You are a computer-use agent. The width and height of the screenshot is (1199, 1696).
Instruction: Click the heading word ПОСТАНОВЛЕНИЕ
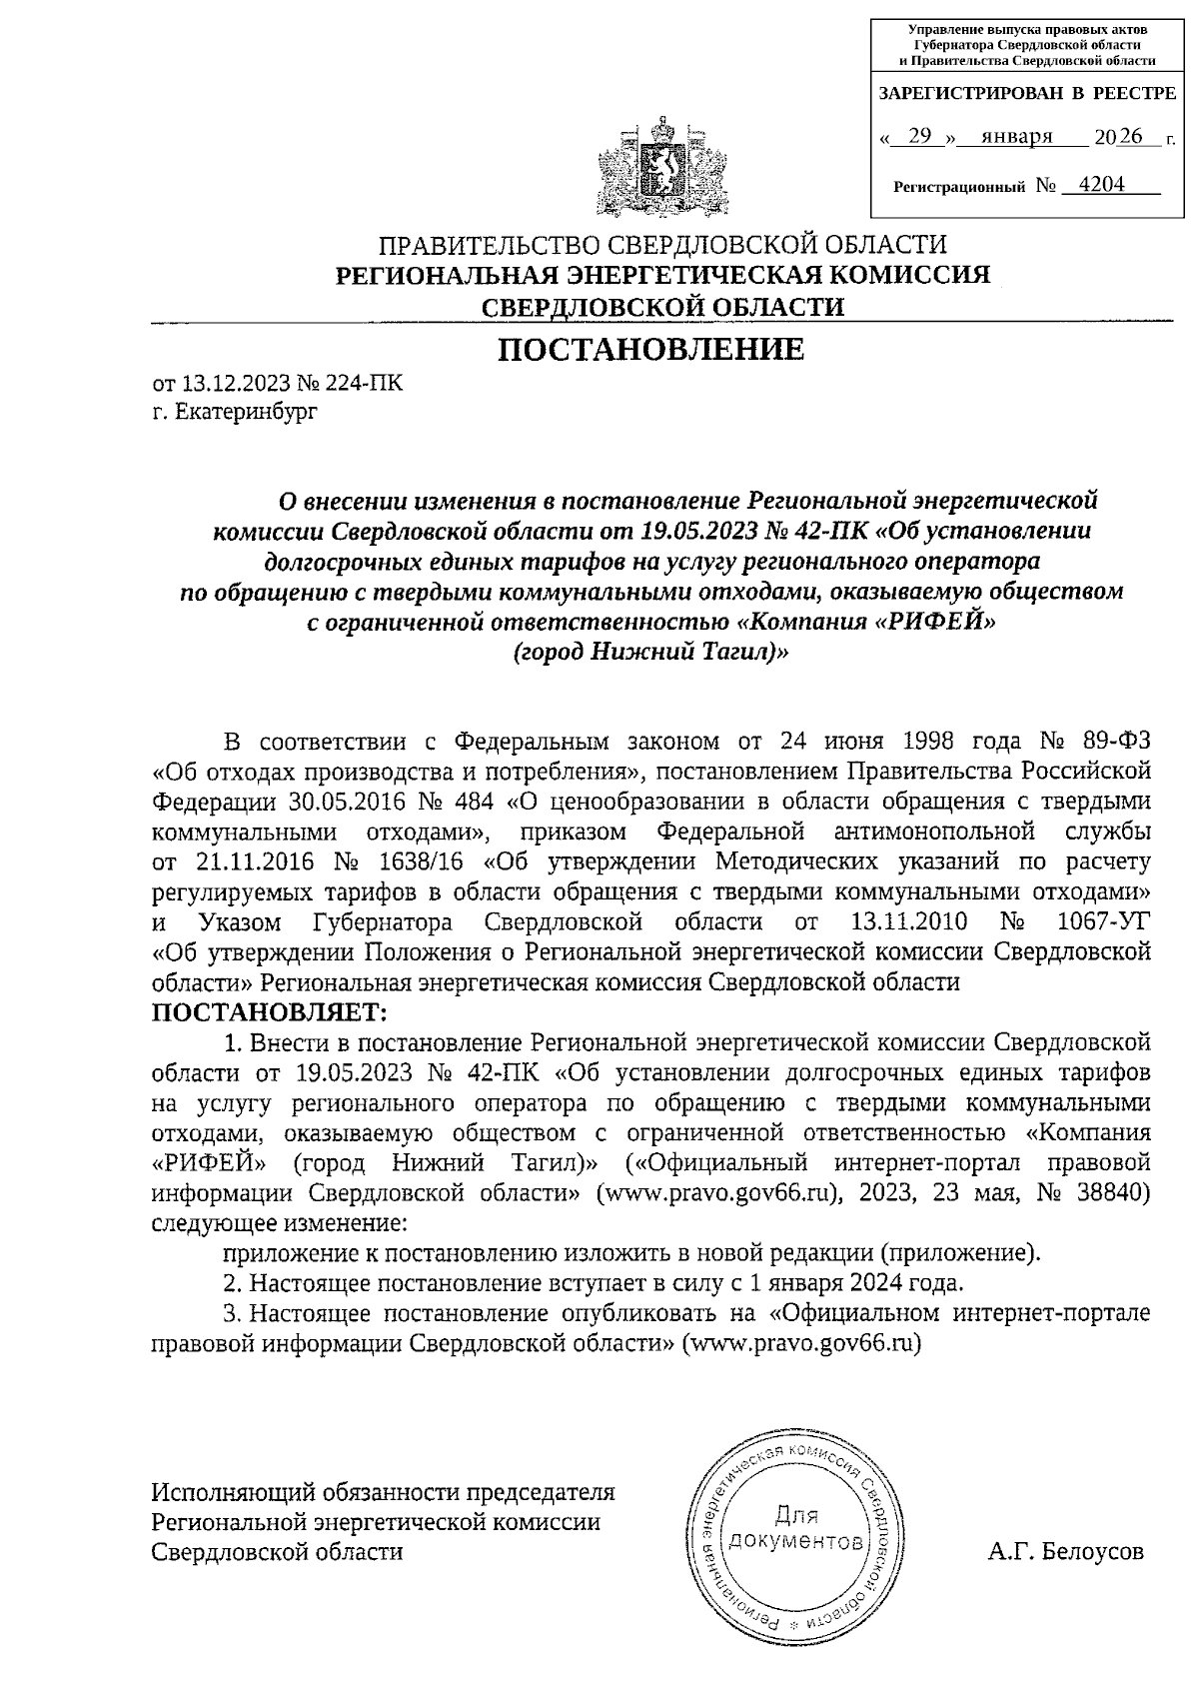(650, 349)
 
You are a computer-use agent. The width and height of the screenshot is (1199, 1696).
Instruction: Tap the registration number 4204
(1095, 185)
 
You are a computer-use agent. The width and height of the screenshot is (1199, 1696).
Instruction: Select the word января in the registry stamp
(1016, 137)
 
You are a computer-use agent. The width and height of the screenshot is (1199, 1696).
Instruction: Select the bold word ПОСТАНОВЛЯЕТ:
(268, 1012)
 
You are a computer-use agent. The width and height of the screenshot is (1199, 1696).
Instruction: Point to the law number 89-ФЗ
(1116, 742)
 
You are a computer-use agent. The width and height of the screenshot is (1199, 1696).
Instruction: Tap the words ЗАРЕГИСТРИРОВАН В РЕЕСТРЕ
(1026, 94)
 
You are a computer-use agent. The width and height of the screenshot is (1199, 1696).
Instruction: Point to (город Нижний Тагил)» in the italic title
(650, 652)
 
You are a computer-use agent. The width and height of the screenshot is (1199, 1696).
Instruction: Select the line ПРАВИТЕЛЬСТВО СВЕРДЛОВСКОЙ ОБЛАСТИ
(662, 244)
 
